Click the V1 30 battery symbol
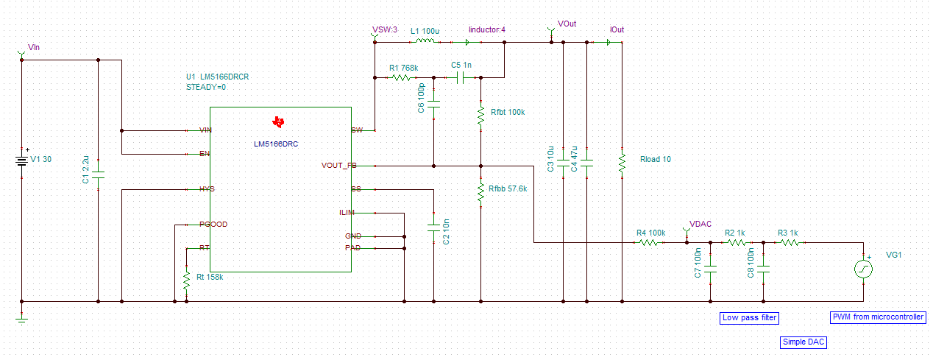pyautogui.click(x=22, y=160)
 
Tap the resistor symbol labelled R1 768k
pyautogui.click(x=402, y=77)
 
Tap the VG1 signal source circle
pyautogui.click(x=863, y=269)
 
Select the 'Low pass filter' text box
pyautogui.click(x=749, y=318)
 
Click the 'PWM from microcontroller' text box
pyautogui.click(x=878, y=317)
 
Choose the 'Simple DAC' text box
pyautogui.click(x=805, y=343)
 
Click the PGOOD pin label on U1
pyautogui.click(x=213, y=224)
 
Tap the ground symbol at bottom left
pyautogui.click(x=22, y=318)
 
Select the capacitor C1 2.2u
pyautogui.click(x=99, y=175)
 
